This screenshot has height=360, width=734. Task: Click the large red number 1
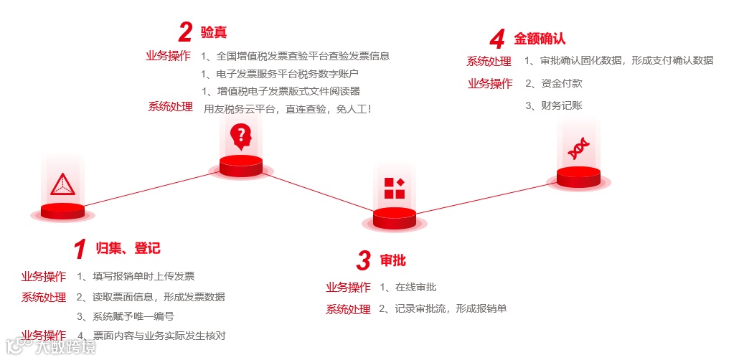80,249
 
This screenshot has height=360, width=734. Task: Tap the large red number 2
185,32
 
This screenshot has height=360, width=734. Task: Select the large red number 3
364,260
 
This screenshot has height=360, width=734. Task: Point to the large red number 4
497,39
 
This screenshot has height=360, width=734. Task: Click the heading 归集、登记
128,249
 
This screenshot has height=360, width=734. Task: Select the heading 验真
214,32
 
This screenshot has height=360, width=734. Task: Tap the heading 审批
392,260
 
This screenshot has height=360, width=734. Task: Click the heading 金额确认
540,39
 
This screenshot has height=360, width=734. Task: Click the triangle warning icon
62,184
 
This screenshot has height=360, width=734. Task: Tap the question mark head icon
240,135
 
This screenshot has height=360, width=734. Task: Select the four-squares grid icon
394,188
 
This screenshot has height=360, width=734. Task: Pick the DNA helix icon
578,148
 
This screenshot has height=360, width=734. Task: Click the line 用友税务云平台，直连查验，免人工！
288,109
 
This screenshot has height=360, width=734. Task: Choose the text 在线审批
415,288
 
